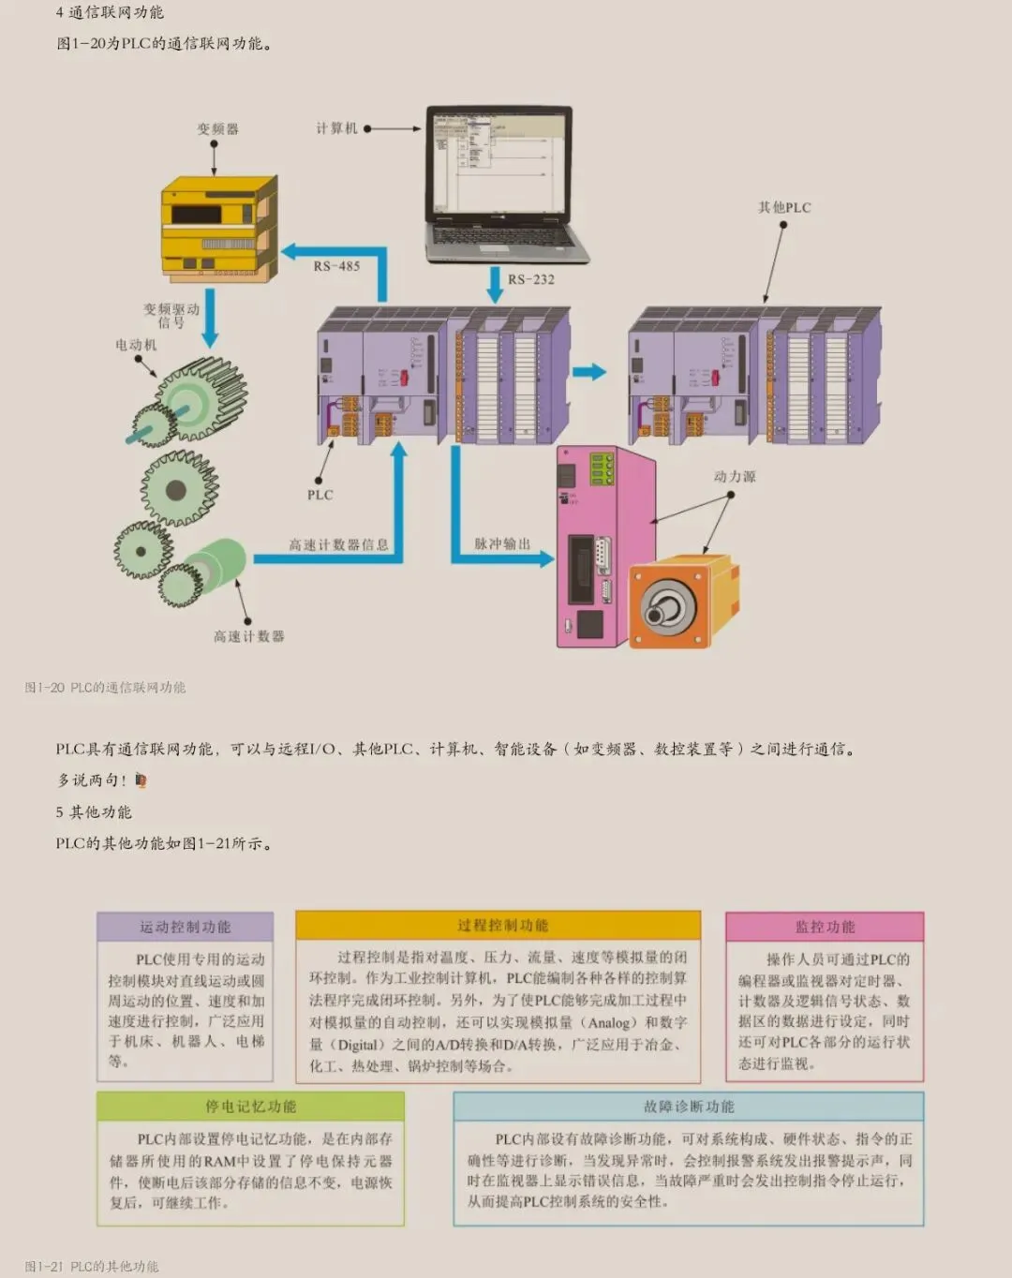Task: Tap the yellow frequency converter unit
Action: point(217,227)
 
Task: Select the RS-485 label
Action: point(336,266)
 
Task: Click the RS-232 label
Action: point(531,279)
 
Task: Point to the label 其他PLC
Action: point(784,207)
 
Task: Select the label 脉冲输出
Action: point(502,543)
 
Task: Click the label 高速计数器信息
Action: point(338,544)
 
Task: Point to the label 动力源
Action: point(735,476)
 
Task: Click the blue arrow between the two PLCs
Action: point(589,372)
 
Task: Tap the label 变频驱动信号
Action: point(171,316)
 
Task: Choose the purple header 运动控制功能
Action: point(185,927)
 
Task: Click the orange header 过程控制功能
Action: point(498,925)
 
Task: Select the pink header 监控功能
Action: point(825,927)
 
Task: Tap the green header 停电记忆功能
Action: point(250,1107)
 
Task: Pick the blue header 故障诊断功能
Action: point(689,1107)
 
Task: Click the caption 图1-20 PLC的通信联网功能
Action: point(105,687)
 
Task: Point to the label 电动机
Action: point(136,345)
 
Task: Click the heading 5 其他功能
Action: point(94,811)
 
